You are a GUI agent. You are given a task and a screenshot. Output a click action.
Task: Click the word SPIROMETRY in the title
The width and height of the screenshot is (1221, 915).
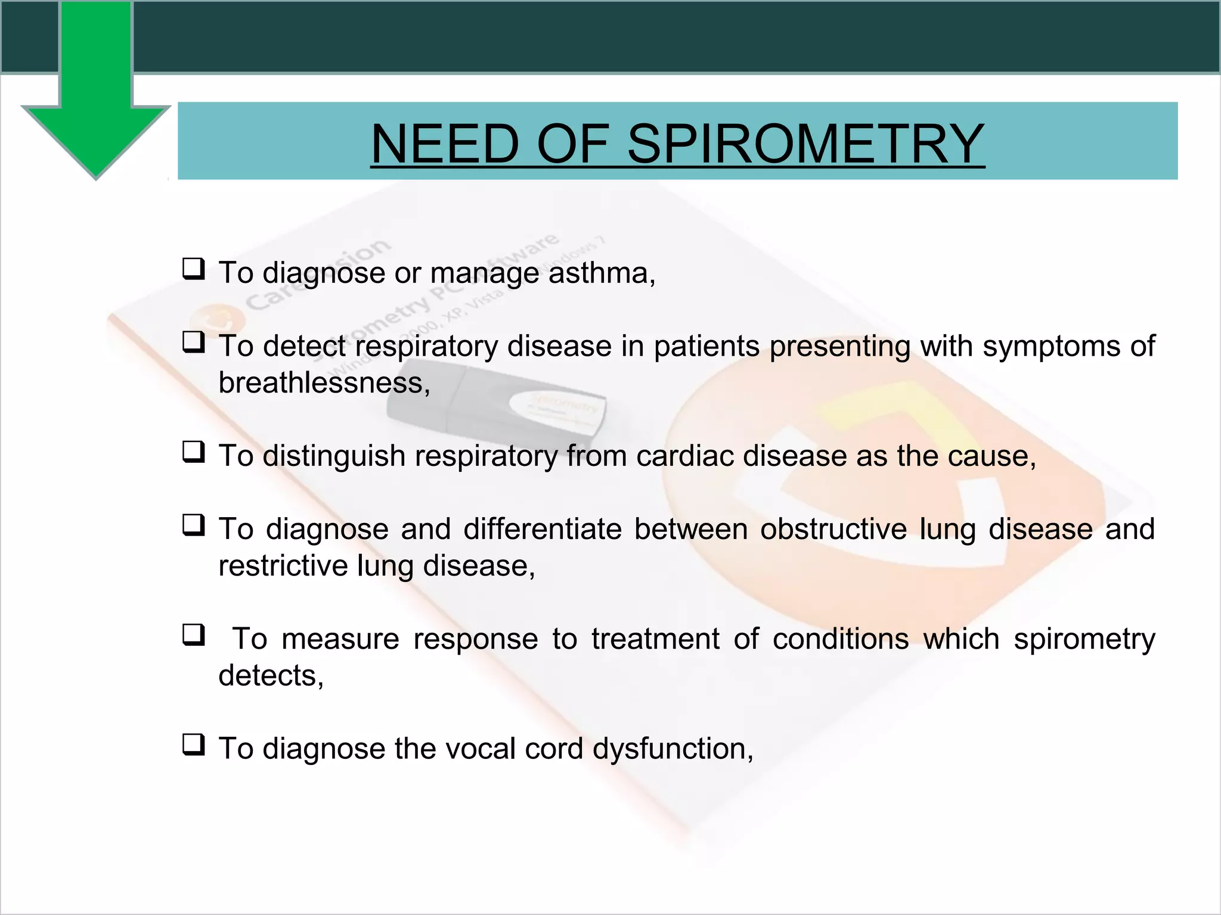pyautogui.click(x=805, y=144)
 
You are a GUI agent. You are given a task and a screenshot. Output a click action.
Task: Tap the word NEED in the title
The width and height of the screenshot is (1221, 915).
pyautogui.click(x=445, y=144)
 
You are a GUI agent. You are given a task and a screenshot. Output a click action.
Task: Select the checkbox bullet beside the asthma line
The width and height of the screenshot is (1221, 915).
pyautogui.click(x=193, y=269)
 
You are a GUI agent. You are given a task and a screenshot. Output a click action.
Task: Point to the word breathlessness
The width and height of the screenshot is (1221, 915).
pyautogui.click(x=323, y=382)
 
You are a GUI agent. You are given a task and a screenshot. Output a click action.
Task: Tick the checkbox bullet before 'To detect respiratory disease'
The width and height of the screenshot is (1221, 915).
pyautogui.click(x=193, y=343)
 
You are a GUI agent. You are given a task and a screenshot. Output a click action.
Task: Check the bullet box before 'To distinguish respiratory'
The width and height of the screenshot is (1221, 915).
pyautogui.click(x=193, y=452)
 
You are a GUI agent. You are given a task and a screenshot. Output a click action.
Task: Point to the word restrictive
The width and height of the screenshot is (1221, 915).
pyautogui.click(x=283, y=565)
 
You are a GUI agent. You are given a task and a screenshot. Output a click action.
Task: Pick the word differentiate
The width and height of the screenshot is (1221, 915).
pyautogui.click(x=543, y=529)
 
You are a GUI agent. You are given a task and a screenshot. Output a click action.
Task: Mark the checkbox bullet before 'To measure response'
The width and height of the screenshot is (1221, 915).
pyautogui.click(x=193, y=635)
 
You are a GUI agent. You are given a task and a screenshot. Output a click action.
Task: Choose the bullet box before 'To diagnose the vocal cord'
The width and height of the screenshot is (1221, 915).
pyautogui.click(x=193, y=745)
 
